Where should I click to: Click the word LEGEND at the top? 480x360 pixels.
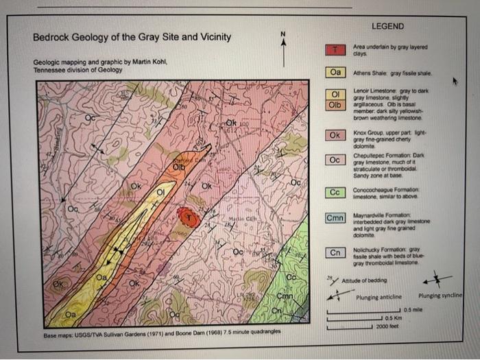click(387, 26)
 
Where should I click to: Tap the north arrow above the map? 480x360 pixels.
click(282, 43)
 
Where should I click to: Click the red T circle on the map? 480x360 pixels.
click(189, 217)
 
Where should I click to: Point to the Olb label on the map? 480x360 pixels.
click(178, 166)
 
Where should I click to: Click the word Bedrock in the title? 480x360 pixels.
click(52, 37)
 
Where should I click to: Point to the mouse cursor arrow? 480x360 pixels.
click(453, 80)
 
